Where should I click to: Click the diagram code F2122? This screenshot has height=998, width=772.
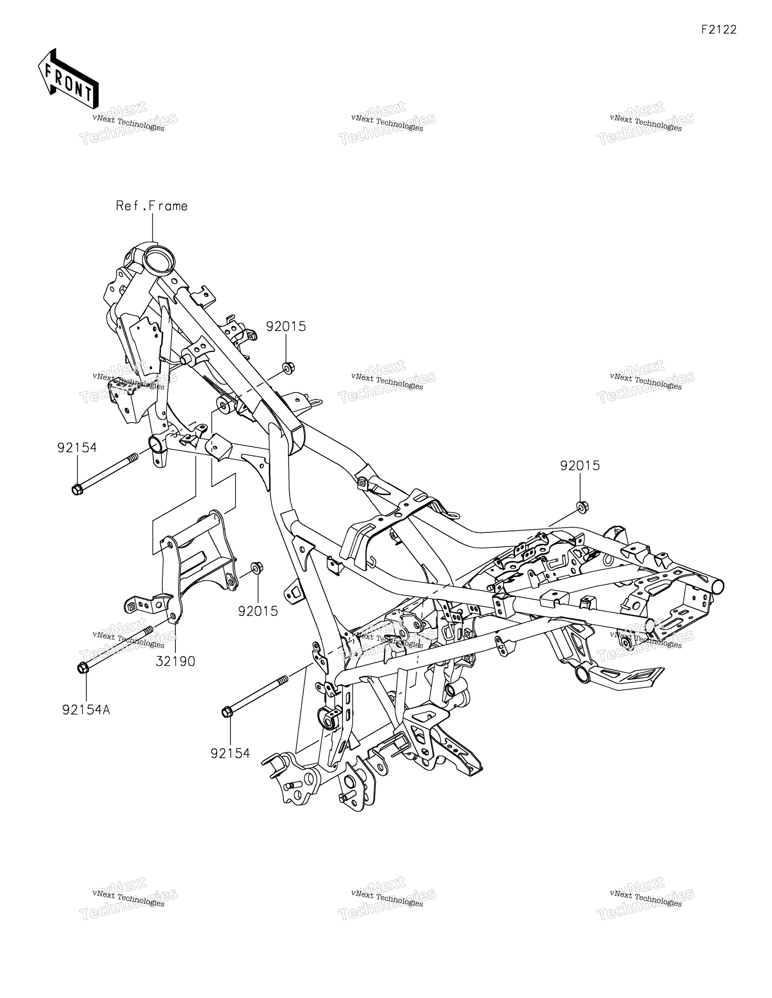point(719,30)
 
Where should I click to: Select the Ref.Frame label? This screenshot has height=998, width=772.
point(152,206)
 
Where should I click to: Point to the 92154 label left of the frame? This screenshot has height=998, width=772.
point(77,448)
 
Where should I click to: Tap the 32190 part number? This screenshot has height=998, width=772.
point(175,661)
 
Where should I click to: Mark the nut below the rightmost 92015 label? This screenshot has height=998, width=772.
point(583,506)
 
